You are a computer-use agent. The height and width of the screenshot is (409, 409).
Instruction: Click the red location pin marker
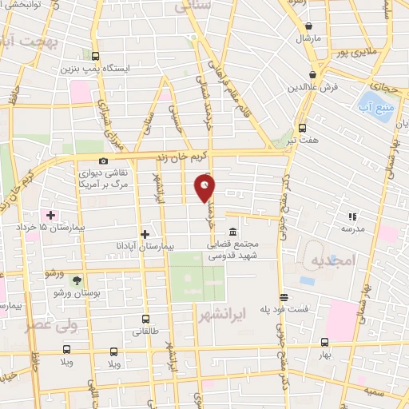[205, 188]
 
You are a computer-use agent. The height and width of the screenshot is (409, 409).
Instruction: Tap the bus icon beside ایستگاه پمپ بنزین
[95, 56]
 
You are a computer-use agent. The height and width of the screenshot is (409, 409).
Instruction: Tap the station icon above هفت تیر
[302, 127]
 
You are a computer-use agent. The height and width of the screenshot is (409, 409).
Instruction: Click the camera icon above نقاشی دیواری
[103, 161]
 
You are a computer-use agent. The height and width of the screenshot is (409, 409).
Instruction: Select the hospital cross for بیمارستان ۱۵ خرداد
[50, 215]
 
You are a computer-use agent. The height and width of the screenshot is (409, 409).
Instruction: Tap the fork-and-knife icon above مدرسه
[351, 215]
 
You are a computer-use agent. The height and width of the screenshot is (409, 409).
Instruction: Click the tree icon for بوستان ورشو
[76, 280]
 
